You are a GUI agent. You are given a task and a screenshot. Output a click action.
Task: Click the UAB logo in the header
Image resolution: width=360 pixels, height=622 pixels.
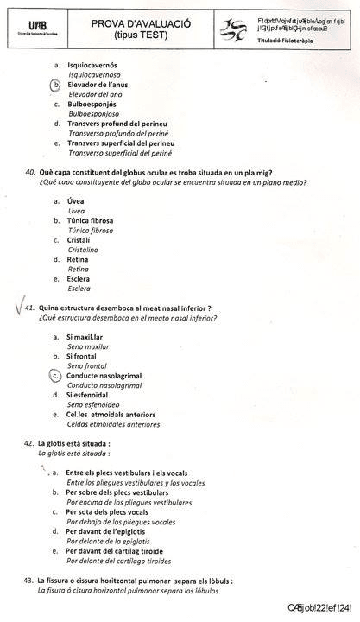pyautogui.click(x=39, y=27)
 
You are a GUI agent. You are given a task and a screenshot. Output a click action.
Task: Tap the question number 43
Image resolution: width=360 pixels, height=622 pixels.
pyautogui.click(x=30, y=581)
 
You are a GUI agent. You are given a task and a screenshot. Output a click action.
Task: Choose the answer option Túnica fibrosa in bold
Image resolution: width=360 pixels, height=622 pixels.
pyautogui.click(x=90, y=220)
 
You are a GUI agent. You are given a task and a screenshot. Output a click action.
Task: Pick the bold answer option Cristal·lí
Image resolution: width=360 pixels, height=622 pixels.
pyautogui.click(x=79, y=239)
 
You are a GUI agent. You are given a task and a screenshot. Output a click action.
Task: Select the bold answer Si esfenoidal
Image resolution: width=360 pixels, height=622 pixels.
pyautogui.click(x=92, y=395)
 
